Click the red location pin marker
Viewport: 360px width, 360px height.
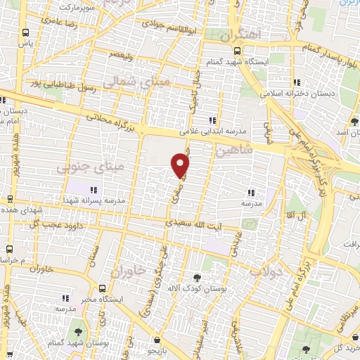tap(181, 165)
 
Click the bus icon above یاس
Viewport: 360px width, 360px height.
tap(26, 33)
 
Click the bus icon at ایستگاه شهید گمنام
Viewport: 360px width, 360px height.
tap(236, 50)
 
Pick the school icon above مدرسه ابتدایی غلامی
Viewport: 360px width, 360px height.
tap(212, 121)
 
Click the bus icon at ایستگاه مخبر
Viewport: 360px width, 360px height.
tap(103, 289)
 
